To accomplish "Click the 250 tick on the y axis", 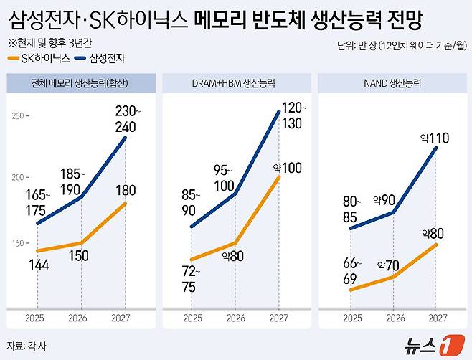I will coord(18,115).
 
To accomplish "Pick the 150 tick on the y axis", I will coord(18,244).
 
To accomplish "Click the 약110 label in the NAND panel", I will coord(435,138).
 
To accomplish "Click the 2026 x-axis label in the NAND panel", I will coord(394,318).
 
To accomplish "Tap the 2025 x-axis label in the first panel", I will coord(37,318).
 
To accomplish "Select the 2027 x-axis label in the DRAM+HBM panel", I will coord(279,318).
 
